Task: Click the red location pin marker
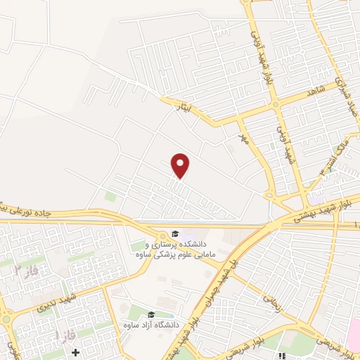[x=181, y=166]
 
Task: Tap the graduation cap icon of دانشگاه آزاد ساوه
[x=151, y=315]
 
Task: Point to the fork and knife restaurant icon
[x=282, y=356]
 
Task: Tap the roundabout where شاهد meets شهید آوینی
[x=276, y=105]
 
